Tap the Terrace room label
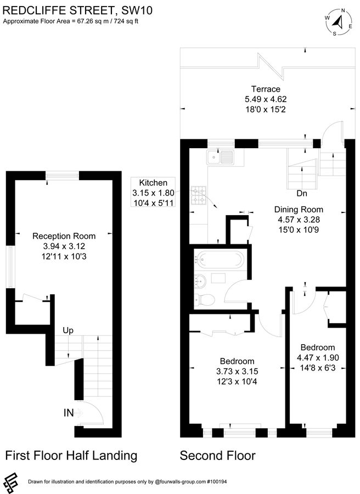tap(266, 89)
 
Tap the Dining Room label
tap(300, 209)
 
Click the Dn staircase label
tap(301, 193)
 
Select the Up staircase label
tap(68, 330)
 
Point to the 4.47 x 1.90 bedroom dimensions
tap(317, 357)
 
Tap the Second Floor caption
tap(217, 455)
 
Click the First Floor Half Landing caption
tap(70, 455)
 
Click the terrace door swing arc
tap(331, 132)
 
